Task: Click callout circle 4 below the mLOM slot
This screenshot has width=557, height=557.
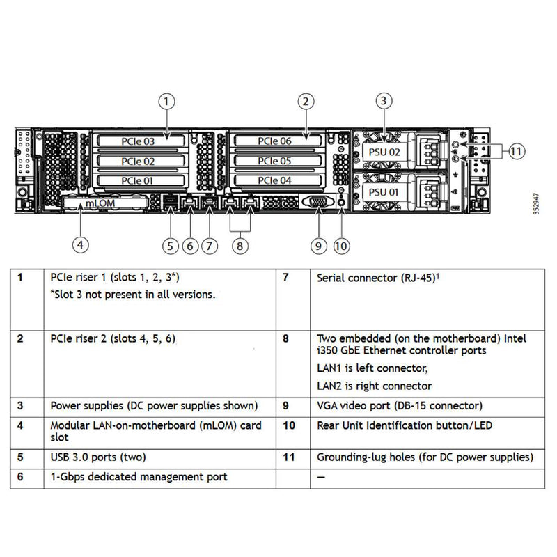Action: pyautogui.click(x=81, y=244)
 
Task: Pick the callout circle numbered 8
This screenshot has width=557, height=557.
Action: pyautogui.click(x=239, y=245)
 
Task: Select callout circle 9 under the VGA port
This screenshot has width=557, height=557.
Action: pyautogui.click(x=318, y=245)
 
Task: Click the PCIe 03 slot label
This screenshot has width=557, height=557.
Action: pyautogui.click(x=138, y=141)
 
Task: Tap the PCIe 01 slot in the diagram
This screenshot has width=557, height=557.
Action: pyautogui.click(x=138, y=181)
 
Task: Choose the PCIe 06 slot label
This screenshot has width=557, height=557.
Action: pyautogui.click(x=275, y=141)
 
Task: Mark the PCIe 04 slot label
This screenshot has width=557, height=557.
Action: pyautogui.click(x=275, y=181)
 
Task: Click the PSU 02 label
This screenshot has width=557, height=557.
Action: pyautogui.click(x=384, y=151)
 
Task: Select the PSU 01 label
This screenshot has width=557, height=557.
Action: pyautogui.click(x=384, y=191)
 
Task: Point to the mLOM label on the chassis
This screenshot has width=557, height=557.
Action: pyautogui.click(x=100, y=203)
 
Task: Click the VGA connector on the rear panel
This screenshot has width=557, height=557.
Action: pyautogui.click(x=318, y=202)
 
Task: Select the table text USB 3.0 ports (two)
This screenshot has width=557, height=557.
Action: pyautogui.click(x=97, y=457)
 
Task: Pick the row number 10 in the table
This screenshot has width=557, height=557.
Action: pyautogui.click(x=288, y=425)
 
